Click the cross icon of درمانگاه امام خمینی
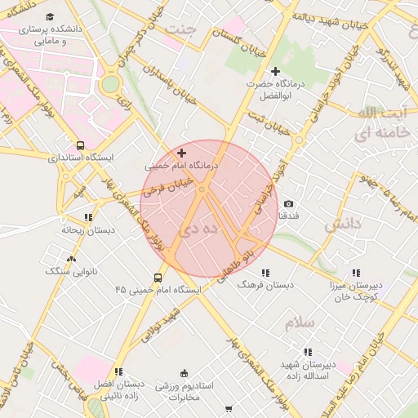pyautogui.click(x=181, y=153)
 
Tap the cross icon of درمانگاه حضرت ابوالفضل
pyautogui.click(x=275, y=72)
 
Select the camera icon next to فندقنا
pyautogui.click(x=288, y=204)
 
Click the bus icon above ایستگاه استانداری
pyautogui.click(x=79, y=145)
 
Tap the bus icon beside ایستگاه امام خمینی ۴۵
pyautogui.click(x=158, y=278)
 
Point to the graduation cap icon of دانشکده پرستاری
pyautogui.click(x=51, y=17)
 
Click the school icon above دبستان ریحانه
pyautogui.click(x=88, y=217)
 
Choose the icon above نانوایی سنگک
pyautogui.click(x=71, y=258)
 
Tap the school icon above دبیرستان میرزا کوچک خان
pyautogui.click(x=355, y=273)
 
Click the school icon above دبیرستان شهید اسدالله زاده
pyautogui.click(x=307, y=352)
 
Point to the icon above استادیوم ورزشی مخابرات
pyautogui.click(x=184, y=372)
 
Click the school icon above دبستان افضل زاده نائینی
pyautogui.click(x=119, y=371)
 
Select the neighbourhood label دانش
pyautogui.click(x=342, y=225)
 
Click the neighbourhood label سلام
pyautogui.click(x=300, y=323)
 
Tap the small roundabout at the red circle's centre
pyautogui.click(x=202, y=190)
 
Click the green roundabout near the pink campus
pyautogui.click(x=110, y=84)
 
